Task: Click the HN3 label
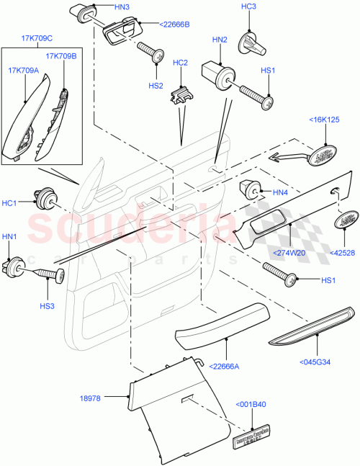tap(122, 6)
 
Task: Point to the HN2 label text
tap(219, 39)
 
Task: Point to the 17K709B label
tap(61, 55)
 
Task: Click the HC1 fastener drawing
tap(45, 194)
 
